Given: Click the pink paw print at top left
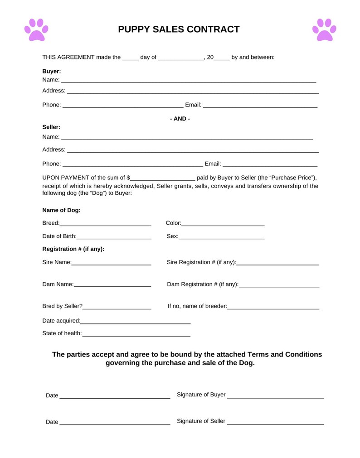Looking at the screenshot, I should pos(36,30).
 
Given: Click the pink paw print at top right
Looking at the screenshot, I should pos(324,30).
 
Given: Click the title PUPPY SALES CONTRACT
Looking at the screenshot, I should pos(179,29).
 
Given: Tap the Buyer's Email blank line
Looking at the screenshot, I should pos(260,106).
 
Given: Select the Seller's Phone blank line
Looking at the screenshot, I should pos(132,164).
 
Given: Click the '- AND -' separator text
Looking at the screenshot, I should pos(180,119).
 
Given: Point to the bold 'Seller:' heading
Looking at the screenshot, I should pos(51,127).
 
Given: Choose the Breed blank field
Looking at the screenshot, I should pos(105,224).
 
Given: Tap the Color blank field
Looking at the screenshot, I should pos(223,224).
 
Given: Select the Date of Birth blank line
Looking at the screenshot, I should pos(114,237).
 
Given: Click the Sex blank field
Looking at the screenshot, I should pos(222,237).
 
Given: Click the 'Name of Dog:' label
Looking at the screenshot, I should pos(61,210).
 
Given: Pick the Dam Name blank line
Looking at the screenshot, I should pos(112,285).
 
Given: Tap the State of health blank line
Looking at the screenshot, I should pos(136,334).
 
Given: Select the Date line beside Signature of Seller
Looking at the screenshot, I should pos(115,423).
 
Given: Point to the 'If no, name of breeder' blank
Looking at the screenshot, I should pos(273,307).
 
